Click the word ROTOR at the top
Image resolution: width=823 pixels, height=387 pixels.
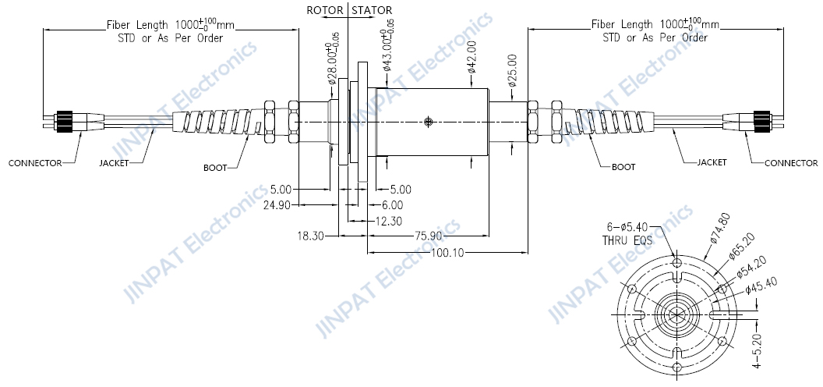(325, 10)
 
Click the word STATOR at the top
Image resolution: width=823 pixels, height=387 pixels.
(372, 10)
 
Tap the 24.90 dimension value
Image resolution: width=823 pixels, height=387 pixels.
(278, 205)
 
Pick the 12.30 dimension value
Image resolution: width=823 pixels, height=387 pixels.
(389, 221)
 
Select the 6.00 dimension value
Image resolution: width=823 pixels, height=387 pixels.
(392, 205)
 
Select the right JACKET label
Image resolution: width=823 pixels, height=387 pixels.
(711, 162)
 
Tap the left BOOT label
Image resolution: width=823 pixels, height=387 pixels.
(217, 167)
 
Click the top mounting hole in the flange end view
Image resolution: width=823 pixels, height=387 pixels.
(677, 263)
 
